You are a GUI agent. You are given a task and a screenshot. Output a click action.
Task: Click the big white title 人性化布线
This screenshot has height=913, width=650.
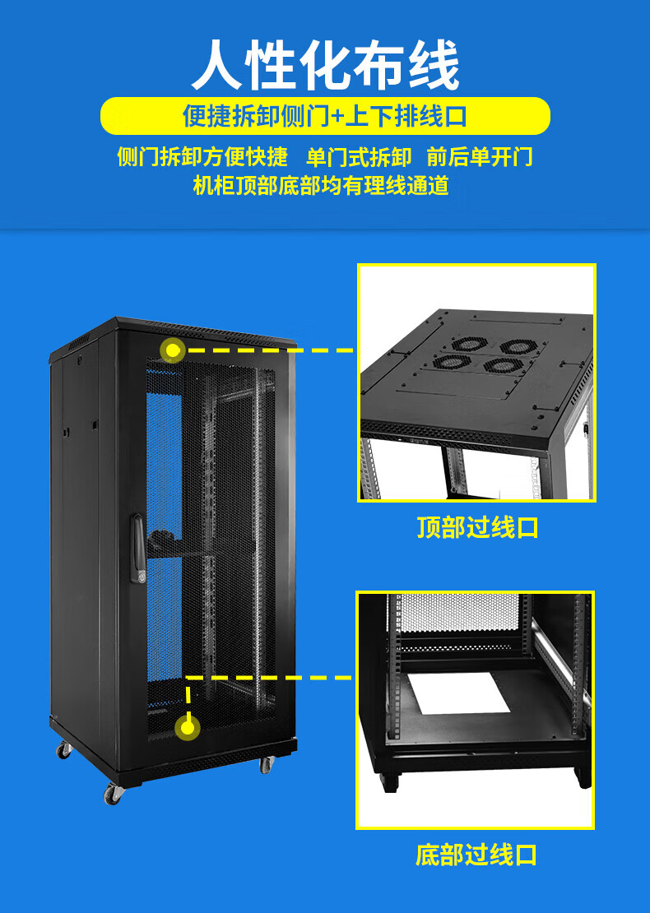point(325,64)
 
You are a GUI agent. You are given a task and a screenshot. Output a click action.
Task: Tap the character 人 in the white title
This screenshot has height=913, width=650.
point(216,65)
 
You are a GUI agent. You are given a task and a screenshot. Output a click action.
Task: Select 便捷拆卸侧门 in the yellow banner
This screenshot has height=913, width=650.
point(256,116)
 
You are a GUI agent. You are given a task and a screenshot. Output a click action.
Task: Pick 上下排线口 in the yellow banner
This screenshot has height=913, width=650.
point(406,116)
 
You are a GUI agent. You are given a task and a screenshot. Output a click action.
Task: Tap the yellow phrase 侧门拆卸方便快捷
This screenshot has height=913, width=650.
point(202,157)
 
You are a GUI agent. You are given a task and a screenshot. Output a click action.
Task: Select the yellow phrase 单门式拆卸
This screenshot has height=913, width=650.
point(359,157)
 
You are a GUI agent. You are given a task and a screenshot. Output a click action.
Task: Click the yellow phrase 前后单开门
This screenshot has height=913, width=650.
point(480,157)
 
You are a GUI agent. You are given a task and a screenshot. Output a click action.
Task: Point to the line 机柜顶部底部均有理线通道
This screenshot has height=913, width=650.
point(321,187)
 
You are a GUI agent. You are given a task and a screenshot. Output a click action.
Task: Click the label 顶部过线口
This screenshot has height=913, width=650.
point(477,527)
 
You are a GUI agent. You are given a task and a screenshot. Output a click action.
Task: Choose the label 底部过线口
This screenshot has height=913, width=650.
point(476,855)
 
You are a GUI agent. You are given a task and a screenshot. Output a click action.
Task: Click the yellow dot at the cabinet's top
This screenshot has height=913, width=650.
point(173,350)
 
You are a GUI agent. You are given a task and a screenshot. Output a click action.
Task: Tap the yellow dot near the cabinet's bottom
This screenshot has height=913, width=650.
point(187,727)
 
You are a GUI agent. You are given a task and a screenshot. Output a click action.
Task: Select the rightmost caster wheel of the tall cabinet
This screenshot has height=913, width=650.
point(267,764)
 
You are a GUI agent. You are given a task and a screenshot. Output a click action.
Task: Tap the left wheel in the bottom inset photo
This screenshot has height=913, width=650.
point(388,782)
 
